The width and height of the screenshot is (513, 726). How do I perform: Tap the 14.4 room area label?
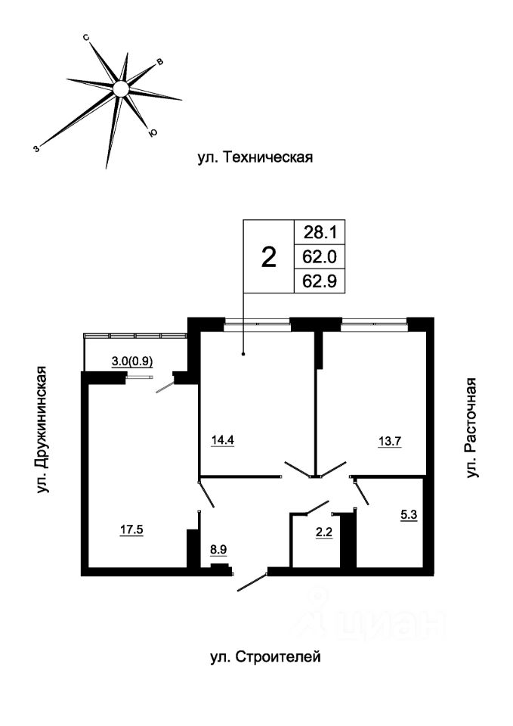(222, 440)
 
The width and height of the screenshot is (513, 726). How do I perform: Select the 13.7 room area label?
(390, 441)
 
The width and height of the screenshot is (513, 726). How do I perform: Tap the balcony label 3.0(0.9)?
(133, 361)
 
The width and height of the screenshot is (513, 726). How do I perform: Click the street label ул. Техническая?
(255, 157)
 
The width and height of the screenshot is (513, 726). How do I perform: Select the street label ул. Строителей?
(265, 656)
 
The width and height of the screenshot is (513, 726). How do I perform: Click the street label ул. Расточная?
(471, 428)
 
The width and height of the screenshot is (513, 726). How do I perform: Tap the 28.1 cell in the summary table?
(320, 232)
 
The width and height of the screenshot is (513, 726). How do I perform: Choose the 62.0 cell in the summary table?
(320, 256)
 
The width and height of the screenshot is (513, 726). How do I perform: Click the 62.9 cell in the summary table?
(320, 281)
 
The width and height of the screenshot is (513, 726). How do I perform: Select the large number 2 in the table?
(269, 257)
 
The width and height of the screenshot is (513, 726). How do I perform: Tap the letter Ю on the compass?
(152, 133)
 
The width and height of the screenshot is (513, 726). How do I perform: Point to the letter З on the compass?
(36, 148)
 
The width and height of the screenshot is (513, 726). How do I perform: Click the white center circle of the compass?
(121, 88)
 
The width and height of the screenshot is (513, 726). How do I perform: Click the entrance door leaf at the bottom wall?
(252, 582)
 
